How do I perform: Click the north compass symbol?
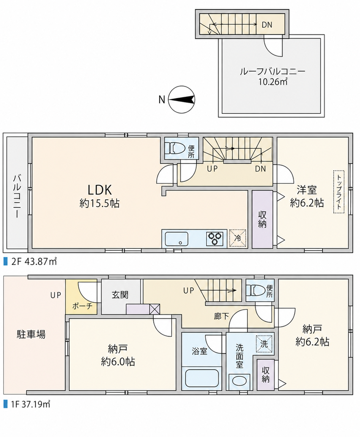click(x=182, y=100)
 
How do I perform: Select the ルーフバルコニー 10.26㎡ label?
click(x=272, y=76)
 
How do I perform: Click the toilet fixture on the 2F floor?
click(x=175, y=148)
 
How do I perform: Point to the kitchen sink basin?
click(x=177, y=239)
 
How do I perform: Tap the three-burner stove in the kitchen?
click(x=215, y=239)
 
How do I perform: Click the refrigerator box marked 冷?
click(x=237, y=238)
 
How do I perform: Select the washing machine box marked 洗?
click(x=264, y=344)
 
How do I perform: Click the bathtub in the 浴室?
click(x=201, y=378)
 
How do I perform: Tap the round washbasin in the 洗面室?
click(x=239, y=382)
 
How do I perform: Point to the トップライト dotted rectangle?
click(x=339, y=192)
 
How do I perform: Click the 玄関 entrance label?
click(x=120, y=295)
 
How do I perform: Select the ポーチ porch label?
click(x=82, y=306)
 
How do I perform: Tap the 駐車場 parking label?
click(x=31, y=334)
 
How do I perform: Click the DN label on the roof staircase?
click(x=267, y=25)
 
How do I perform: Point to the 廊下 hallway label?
click(x=221, y=316)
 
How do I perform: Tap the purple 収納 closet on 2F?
click(x=262, y=219)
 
